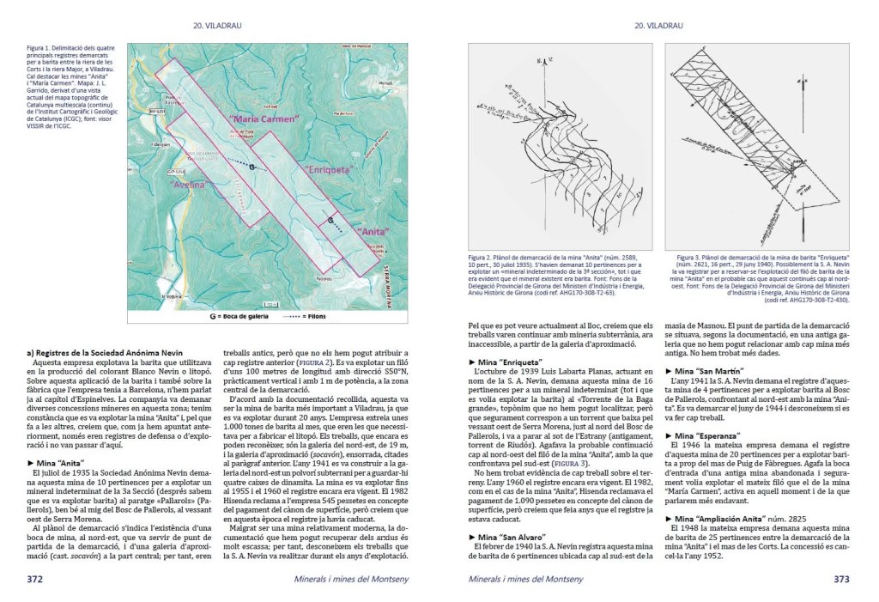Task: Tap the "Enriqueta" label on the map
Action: pos(331,171)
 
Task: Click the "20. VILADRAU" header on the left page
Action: pos(217,26)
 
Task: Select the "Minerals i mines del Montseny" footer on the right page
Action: pos(525,580)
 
